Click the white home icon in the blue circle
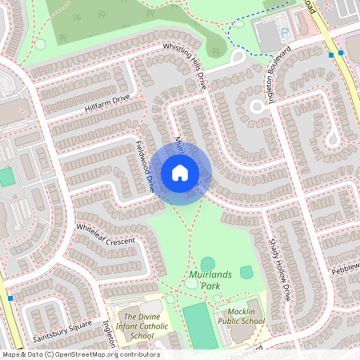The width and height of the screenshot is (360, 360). click(x=179, y=172)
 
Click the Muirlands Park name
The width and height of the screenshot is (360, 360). click(x=211, y=279)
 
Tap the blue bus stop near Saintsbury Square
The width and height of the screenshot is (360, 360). click(x=10, y=298)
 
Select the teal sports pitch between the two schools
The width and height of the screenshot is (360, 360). click(x=199, y=325)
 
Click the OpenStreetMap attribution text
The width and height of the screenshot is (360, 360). click(x=80, y=354)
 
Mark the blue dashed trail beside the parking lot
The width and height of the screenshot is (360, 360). click(x=241, y=31)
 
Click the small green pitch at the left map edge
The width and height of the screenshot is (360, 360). click(x=6, y=177)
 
